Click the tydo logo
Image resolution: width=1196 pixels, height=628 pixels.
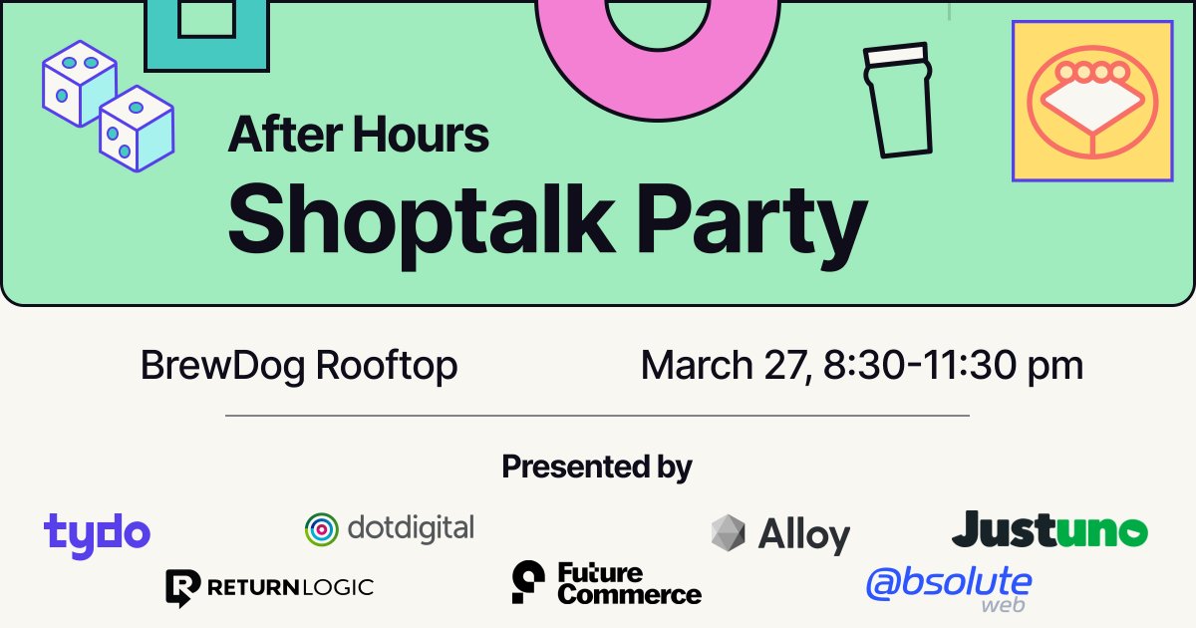coord(97,532)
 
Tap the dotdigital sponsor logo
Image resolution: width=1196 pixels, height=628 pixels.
coord(390,528)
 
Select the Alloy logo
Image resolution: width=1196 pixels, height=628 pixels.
coord(780,534)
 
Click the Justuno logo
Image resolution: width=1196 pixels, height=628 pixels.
coord(1049,530)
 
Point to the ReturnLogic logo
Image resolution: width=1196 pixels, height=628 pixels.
coord(269,587)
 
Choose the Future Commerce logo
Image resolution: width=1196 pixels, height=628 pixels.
coord(606,583)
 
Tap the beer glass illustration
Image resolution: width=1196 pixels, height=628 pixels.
coord(898,100)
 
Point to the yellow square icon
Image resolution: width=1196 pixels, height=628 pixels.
coord(1091,101)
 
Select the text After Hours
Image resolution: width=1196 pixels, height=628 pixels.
coord(359,135)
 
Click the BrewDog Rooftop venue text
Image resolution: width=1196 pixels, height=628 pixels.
coord(299,366)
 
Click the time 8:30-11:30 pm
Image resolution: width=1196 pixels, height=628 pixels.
coord(954,366)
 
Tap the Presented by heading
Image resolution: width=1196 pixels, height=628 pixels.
coord(597,466)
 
